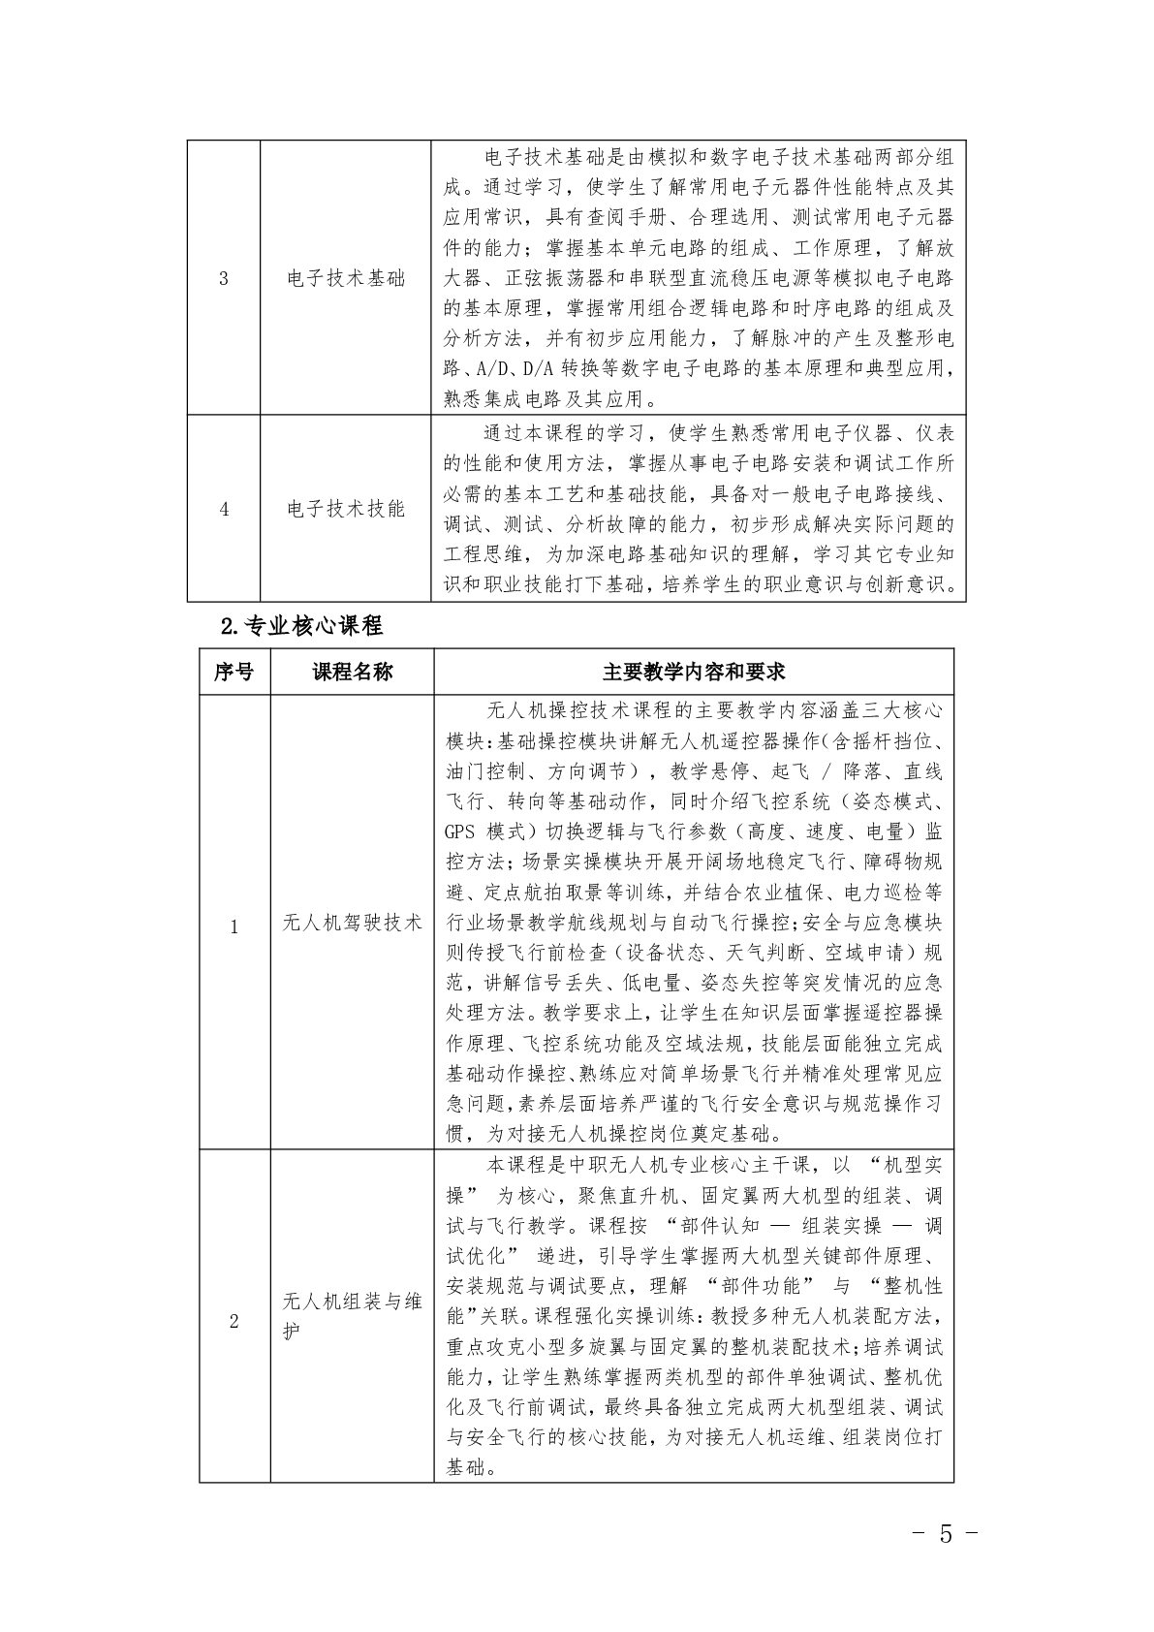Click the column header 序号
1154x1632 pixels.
[234, 672]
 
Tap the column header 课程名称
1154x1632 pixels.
[353, 672]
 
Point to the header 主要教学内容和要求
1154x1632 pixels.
[693, 672]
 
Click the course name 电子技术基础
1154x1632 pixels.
[346, 279]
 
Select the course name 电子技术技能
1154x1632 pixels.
[346, 509]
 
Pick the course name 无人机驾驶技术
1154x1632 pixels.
[353, 923]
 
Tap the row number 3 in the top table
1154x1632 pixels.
[224, 279]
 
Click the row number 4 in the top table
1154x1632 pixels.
[224, 509]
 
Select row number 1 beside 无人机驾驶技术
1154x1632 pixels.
[234, 926]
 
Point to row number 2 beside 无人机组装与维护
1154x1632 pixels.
[234, 1321]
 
